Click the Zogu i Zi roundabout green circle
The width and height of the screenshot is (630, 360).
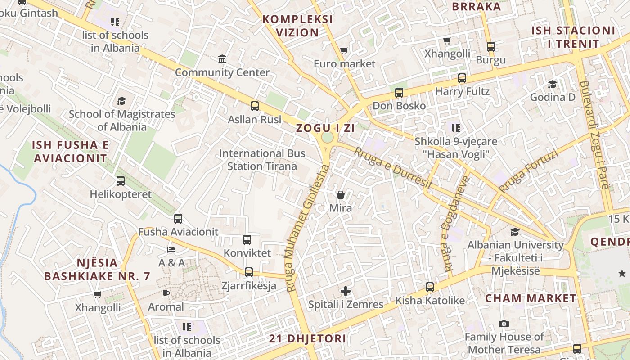point(328,137)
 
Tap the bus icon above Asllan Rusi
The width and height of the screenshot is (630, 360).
point(255,106)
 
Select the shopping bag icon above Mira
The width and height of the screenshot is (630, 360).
point(341,195)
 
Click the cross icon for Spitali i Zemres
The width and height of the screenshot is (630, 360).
point(346,291)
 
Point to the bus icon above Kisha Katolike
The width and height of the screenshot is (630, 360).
point(430,287)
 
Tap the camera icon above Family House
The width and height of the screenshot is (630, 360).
point(504,324)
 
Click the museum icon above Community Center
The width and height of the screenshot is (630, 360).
point(222,59)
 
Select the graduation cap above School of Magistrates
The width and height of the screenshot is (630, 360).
point(121,101)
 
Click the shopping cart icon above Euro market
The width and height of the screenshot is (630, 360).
point(344,51)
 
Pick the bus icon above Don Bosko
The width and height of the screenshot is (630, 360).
point(399,93)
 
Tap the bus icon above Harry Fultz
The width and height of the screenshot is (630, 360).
point(462,78)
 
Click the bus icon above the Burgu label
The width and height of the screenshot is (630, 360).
point(491,47)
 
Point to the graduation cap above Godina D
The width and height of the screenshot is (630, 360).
point(552,84)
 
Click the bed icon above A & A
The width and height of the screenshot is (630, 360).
point(171,249)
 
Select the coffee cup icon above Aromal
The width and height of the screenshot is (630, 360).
point(166,294)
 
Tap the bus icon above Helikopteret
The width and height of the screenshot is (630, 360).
point(121,181)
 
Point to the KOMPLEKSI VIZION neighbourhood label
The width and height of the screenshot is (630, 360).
point(297,26)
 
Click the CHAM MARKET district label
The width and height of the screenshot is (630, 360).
point(531,298)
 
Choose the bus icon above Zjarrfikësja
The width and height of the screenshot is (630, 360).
point(249,272)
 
